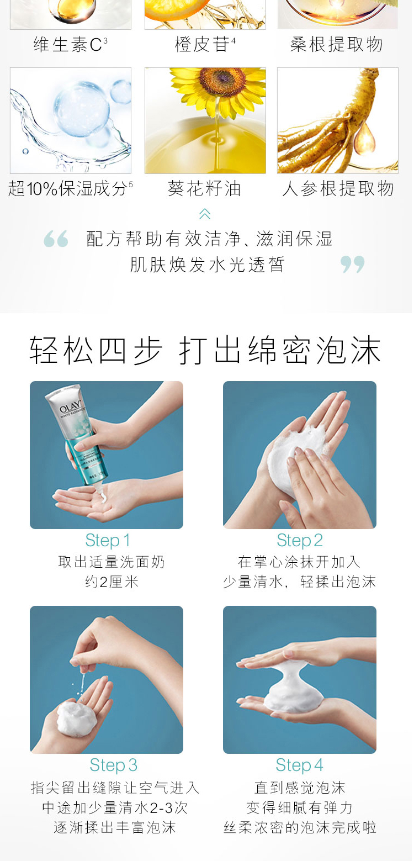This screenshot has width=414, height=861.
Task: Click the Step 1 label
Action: coord(108,540)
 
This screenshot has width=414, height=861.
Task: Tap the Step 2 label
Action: coord(300,540)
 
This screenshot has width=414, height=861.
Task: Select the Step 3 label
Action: coord(113,765)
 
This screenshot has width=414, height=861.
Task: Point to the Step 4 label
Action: coord(300,765)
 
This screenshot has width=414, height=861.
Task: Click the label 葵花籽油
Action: coord(204,189)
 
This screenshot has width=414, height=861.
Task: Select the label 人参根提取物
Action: coord(338,189)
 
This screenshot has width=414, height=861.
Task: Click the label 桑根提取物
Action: coord(336,45)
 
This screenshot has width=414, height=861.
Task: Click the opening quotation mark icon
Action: coord(56,239)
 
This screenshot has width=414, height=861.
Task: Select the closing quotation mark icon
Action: coord(353,265)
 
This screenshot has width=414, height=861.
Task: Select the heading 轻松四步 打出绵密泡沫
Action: coord(205,350)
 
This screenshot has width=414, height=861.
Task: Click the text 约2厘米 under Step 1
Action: coord(112,582)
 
